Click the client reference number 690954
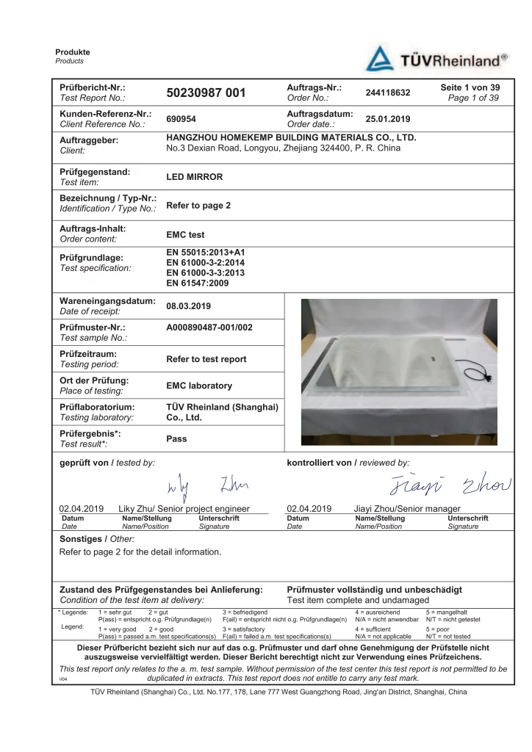click(x=181, y=119)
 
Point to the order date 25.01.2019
click(x=387, y=119)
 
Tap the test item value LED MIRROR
click(x=195, y=177)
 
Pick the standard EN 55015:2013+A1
click(x=206, y=253)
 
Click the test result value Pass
click(x=177, y=438)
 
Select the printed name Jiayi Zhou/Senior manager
click(x=407, y=508)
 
